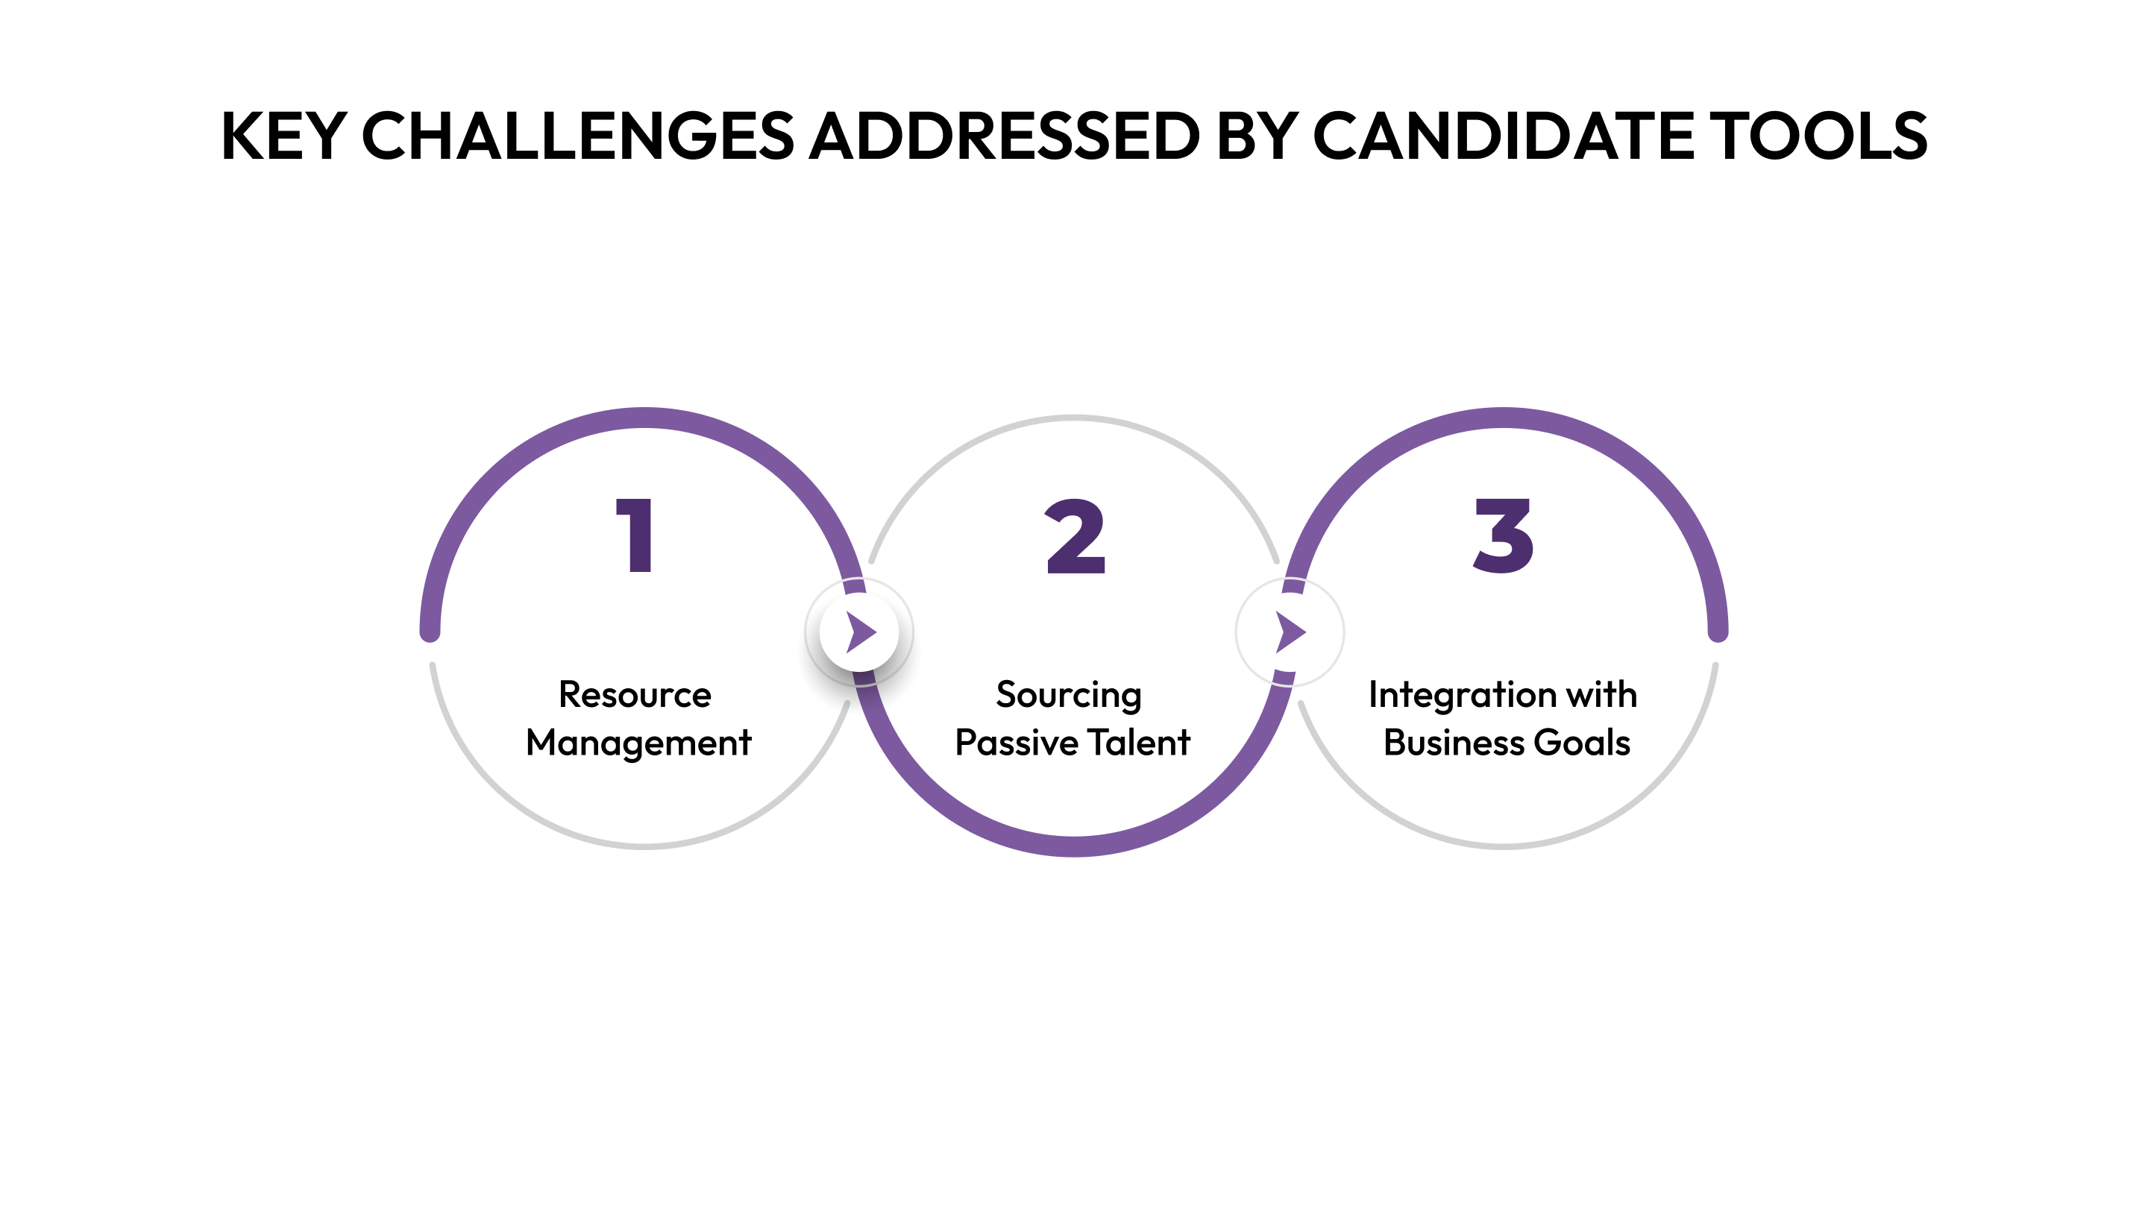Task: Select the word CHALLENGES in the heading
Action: coord(577,136)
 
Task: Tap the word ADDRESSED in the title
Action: coord(1005,136)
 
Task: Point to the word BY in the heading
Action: coord(1257,136)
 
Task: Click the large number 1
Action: coord(635,535)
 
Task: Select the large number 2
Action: coord(1075,535)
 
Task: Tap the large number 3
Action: coord(1504,535)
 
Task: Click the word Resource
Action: coord(635,694)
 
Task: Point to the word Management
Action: coord(638,743)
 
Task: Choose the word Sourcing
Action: coord(1068,694)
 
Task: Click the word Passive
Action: coord(1016,743)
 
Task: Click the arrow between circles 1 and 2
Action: coord(861,632)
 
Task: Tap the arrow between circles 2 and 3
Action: coord(1290,632)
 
